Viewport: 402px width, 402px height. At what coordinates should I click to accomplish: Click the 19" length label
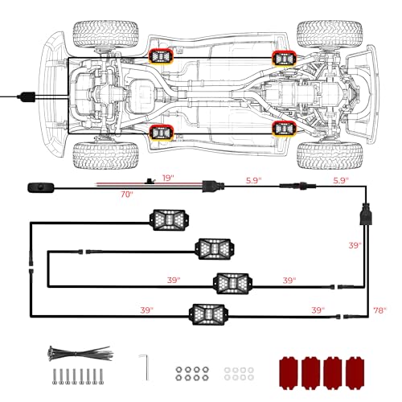(x=168, y=178)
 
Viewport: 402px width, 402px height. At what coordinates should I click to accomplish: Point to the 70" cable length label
(x=126, y=194)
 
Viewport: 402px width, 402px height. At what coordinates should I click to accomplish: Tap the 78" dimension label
(x=379, y=310)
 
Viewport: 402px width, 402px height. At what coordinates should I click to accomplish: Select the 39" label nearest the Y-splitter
(x=355, y=245)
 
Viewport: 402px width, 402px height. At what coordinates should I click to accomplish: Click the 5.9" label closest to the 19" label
(x=253, y=180)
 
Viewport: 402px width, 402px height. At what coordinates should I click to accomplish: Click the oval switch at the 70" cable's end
(x=41, y=187)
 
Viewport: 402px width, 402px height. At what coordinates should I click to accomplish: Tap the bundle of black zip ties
(x=80, y=353)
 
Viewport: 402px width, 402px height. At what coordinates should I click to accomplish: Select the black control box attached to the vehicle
(x=27, y=96)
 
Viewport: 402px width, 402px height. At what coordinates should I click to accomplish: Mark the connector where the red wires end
(x=213, y=186)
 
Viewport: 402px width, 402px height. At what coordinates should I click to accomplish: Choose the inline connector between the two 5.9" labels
(x=297, y=186)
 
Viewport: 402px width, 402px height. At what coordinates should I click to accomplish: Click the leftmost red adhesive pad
(x=289, y=372)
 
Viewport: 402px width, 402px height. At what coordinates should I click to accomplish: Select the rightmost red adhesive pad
(x=355, y=372)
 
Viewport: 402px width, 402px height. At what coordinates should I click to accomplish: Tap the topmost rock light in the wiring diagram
(x=169, y=220)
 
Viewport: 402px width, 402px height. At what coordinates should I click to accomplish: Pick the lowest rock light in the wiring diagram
(x=208, y=314)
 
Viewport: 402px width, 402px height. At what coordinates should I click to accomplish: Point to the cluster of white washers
(x=239, y=374)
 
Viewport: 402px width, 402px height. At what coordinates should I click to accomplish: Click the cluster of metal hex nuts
(x=192, y=374)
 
